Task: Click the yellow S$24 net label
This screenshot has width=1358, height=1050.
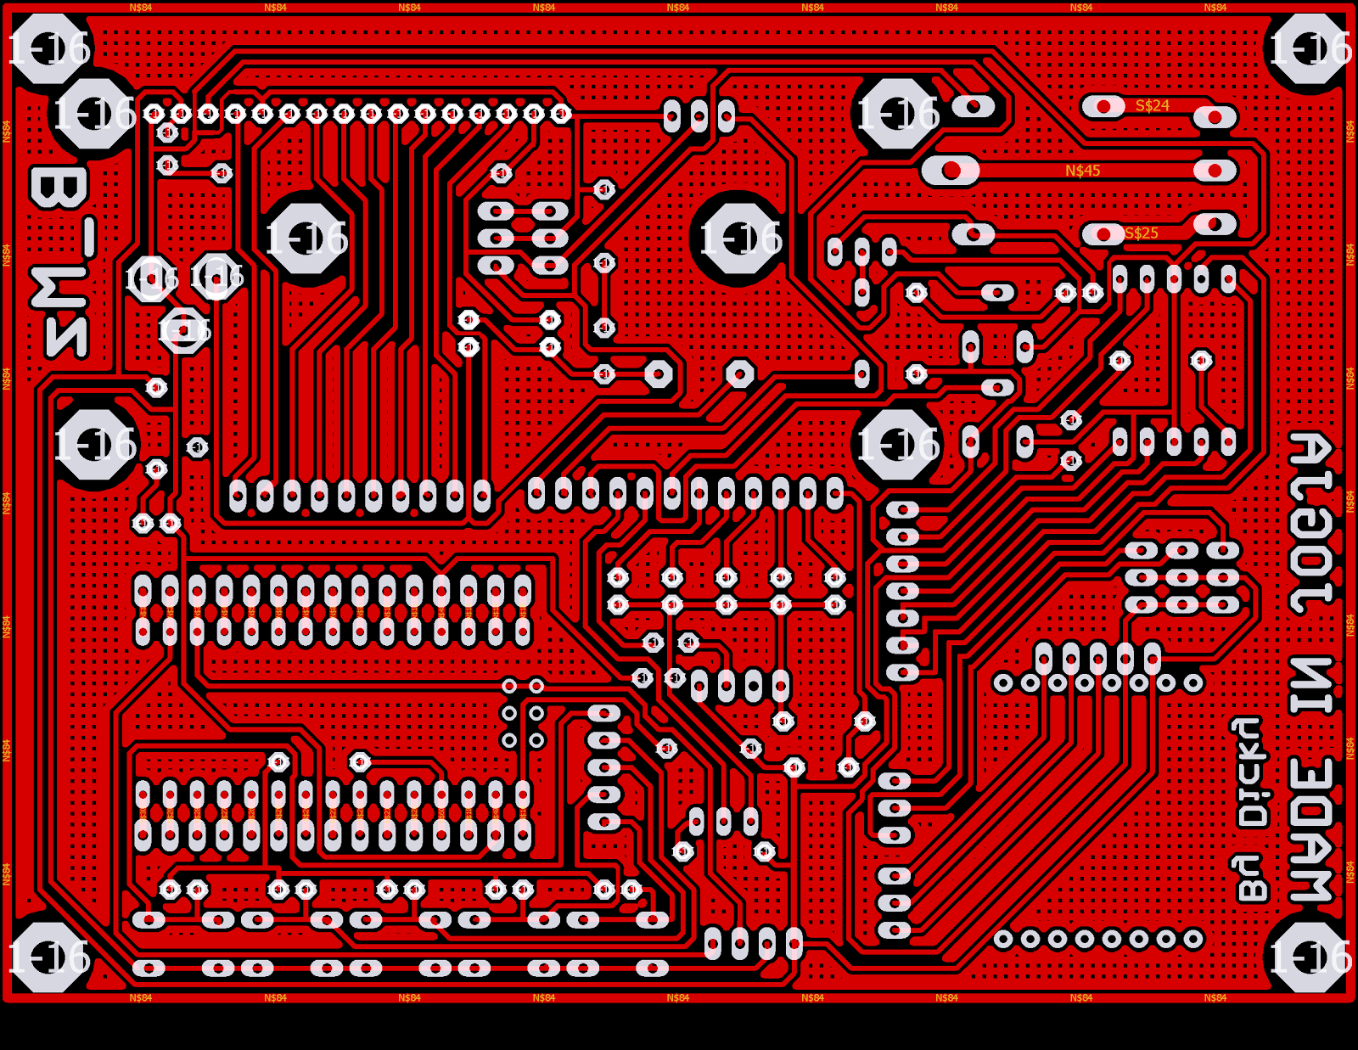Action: pyautogui.click(x=1152, y=106)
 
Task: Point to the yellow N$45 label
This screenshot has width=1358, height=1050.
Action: pyautogui.click(x=1082, y=171)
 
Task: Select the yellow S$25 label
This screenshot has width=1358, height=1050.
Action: pyautogui.click(x=1141, y=233)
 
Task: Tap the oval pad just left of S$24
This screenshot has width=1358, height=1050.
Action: pyautogui.click(x=1103, y=106)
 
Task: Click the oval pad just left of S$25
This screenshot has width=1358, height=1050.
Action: pyautogui.click(x=1103, y=233)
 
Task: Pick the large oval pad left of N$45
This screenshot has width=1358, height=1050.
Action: pyautogui.click(x=951, y=171)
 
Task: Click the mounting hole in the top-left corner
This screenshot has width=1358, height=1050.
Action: pyautogui.click(x=49, y=48)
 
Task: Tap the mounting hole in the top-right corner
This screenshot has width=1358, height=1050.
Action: pyautogui.click(x=1310, y=48)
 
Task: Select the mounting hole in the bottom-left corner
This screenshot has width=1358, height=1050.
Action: pyautogui.click(x=49, y=957)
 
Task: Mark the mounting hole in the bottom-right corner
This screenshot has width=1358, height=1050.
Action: pyautogui.click(x=1310, y=957)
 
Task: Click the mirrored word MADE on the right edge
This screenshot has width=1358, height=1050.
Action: pyautogui.click(x=1311, y=829)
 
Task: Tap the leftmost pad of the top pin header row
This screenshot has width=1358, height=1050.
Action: pyautogui.click(x=154, y=113)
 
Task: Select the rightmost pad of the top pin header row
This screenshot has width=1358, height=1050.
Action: pyautogui.click(x=561, y=113)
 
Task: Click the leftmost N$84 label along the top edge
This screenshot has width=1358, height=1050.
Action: pyautogui.click(x=141, y=8)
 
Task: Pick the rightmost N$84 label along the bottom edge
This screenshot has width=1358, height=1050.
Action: pyautogui.click(x=1215, y=997)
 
